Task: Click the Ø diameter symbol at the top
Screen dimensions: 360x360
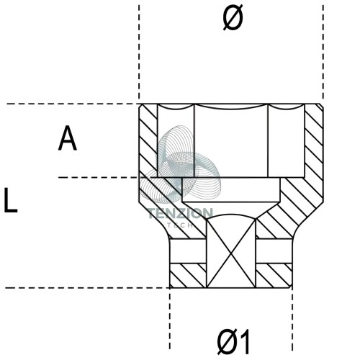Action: [233, 17]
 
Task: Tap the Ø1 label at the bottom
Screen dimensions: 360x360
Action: [233, 341]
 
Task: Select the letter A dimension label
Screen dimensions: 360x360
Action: [68, 138]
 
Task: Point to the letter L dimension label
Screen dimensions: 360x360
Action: [11, 200]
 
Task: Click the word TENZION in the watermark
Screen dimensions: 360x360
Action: [181, 213]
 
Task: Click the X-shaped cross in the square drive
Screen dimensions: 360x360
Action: [231, 253]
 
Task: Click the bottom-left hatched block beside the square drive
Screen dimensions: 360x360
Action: [188, 276]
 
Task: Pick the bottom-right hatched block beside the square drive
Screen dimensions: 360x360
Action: [274, 276]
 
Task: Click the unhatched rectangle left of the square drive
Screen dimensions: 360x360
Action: [188, 251]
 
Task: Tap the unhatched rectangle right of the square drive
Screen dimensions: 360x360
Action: [274, 251]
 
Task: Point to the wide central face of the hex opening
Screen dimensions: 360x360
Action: [231, 143]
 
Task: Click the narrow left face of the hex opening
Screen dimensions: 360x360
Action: [176, 143]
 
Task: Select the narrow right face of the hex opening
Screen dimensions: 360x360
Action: [286, 143]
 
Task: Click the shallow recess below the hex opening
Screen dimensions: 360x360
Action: [231, 190]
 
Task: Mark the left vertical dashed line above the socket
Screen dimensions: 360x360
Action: [139, 52]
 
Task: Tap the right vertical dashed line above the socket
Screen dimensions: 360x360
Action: [323, 52]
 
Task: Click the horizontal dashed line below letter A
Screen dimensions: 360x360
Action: [99, 178]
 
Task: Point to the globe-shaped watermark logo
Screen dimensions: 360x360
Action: [180, 164]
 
